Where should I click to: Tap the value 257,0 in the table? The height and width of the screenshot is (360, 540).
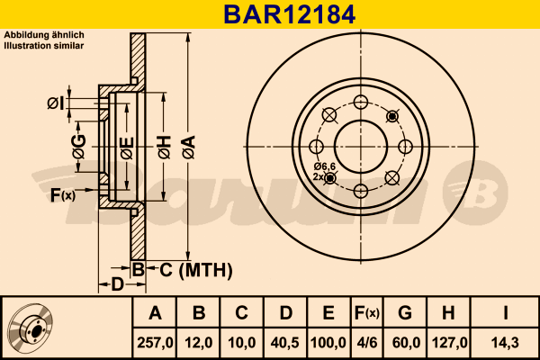tap(155, 342)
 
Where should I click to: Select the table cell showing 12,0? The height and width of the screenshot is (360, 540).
tap(199, 342)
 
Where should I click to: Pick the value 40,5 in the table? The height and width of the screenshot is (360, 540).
tap(285, 342)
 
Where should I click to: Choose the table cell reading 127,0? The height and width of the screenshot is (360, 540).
tap(447, 342)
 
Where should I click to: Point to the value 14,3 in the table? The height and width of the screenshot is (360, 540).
tap(506, 342)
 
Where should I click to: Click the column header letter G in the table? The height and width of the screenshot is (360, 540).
tap(405, 313)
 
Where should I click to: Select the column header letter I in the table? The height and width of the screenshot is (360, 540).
tap(506, 313)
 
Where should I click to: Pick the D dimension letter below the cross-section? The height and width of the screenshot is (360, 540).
tap(116, 285)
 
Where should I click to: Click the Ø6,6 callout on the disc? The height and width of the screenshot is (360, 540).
tap(324, 167)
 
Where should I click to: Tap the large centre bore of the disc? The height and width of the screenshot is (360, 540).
tap(360, 145)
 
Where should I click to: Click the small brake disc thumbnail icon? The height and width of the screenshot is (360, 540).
tap(30, 328)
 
